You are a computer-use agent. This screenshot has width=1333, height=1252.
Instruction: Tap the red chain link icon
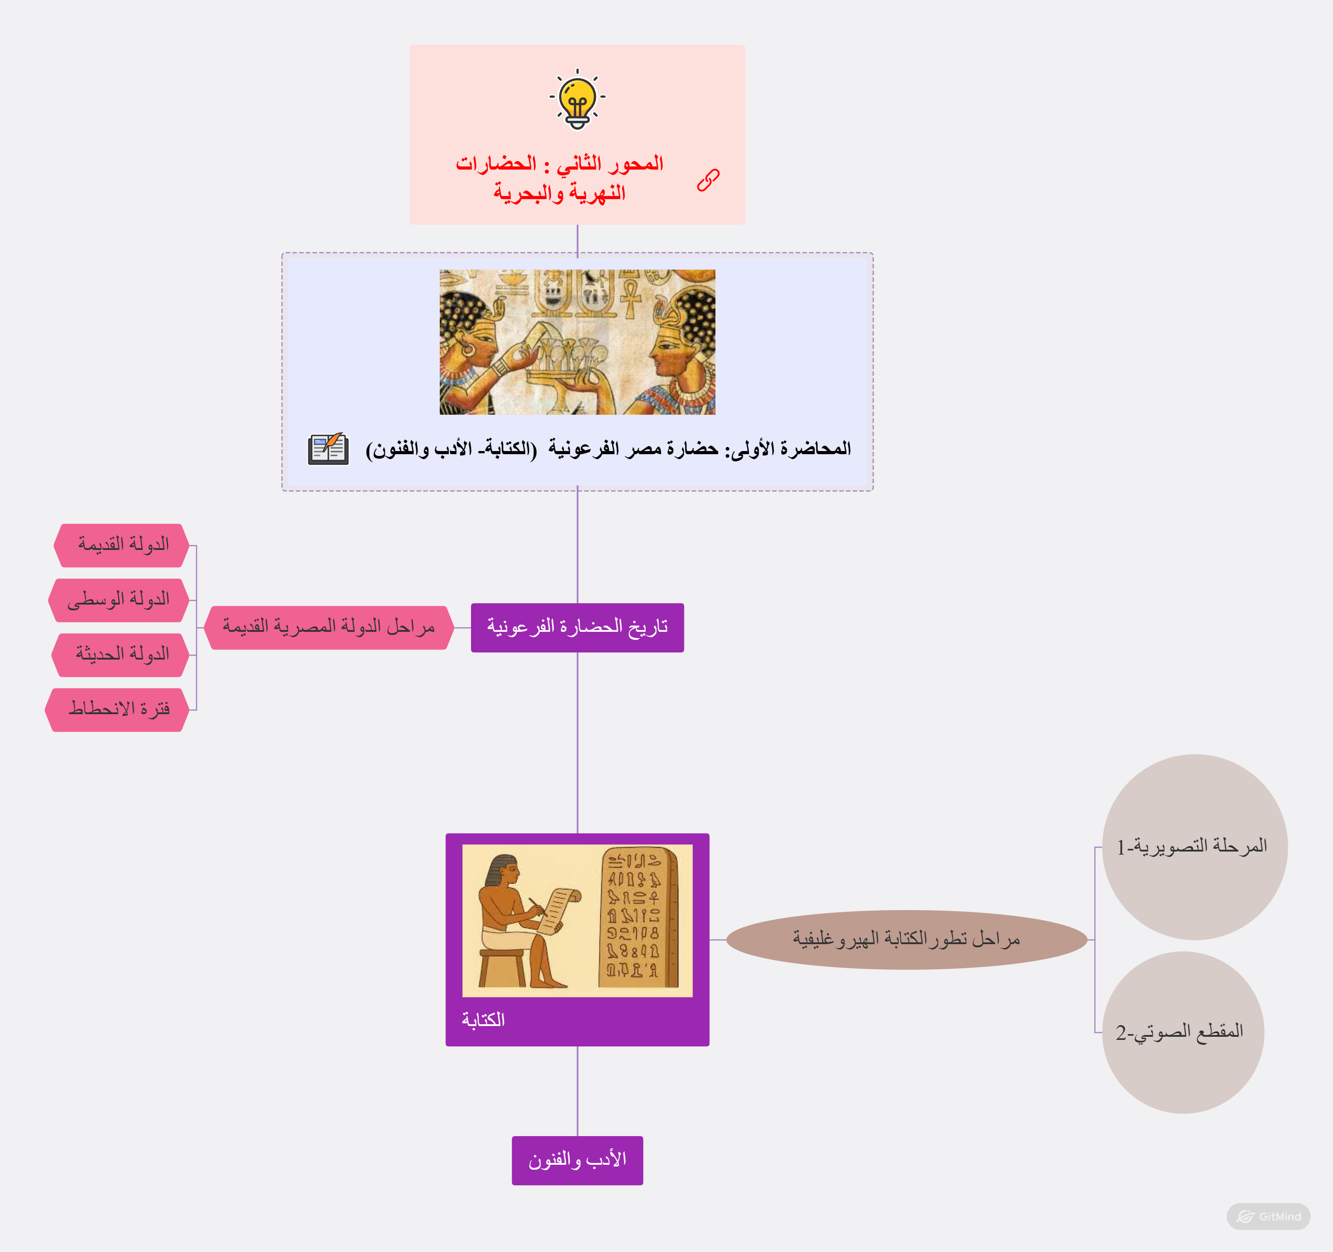708,180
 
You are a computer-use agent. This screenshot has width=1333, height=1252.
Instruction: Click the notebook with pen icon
328,449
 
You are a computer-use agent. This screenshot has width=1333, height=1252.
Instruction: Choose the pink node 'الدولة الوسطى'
119,600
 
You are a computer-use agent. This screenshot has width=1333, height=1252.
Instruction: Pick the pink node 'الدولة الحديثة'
121,655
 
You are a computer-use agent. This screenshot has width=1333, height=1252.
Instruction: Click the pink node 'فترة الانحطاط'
117,710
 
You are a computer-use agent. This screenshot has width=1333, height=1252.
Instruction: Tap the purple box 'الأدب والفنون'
577,1160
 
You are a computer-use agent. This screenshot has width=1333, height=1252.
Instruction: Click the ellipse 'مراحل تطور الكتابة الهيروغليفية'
907,940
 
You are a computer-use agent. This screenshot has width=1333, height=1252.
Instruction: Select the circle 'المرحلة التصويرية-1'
1194,846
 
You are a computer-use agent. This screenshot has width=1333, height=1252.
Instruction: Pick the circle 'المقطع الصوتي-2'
1183,1032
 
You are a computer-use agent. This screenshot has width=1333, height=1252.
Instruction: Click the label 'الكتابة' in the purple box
484,1020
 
